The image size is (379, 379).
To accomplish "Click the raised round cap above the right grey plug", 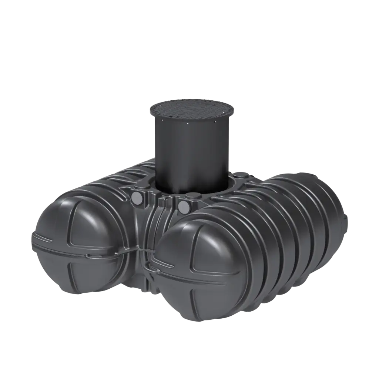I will (191, 196).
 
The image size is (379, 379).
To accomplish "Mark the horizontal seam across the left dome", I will (74, 246).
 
